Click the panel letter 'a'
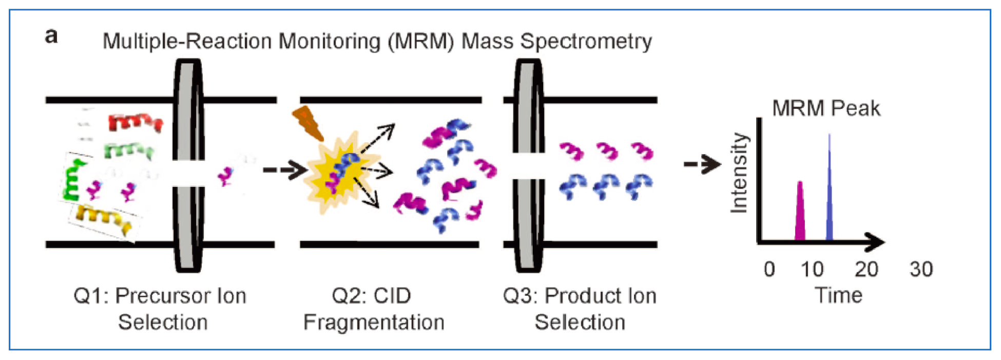coord(51,36)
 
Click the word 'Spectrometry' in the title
coord(586,41)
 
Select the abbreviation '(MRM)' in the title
coord(421,41)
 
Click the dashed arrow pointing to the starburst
coord(284,169)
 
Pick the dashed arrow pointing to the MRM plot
coord(702,164)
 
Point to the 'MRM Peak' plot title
coord(826,108)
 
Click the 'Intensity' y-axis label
coord(739,173)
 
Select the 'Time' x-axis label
coord(838,295)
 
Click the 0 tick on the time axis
coord(769,269)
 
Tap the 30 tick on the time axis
coord(921,269)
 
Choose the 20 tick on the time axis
coord(866,269)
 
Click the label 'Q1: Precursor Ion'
coord(160,296)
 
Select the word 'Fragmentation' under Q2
coord(374,323)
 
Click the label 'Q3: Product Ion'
coord(580,296)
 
